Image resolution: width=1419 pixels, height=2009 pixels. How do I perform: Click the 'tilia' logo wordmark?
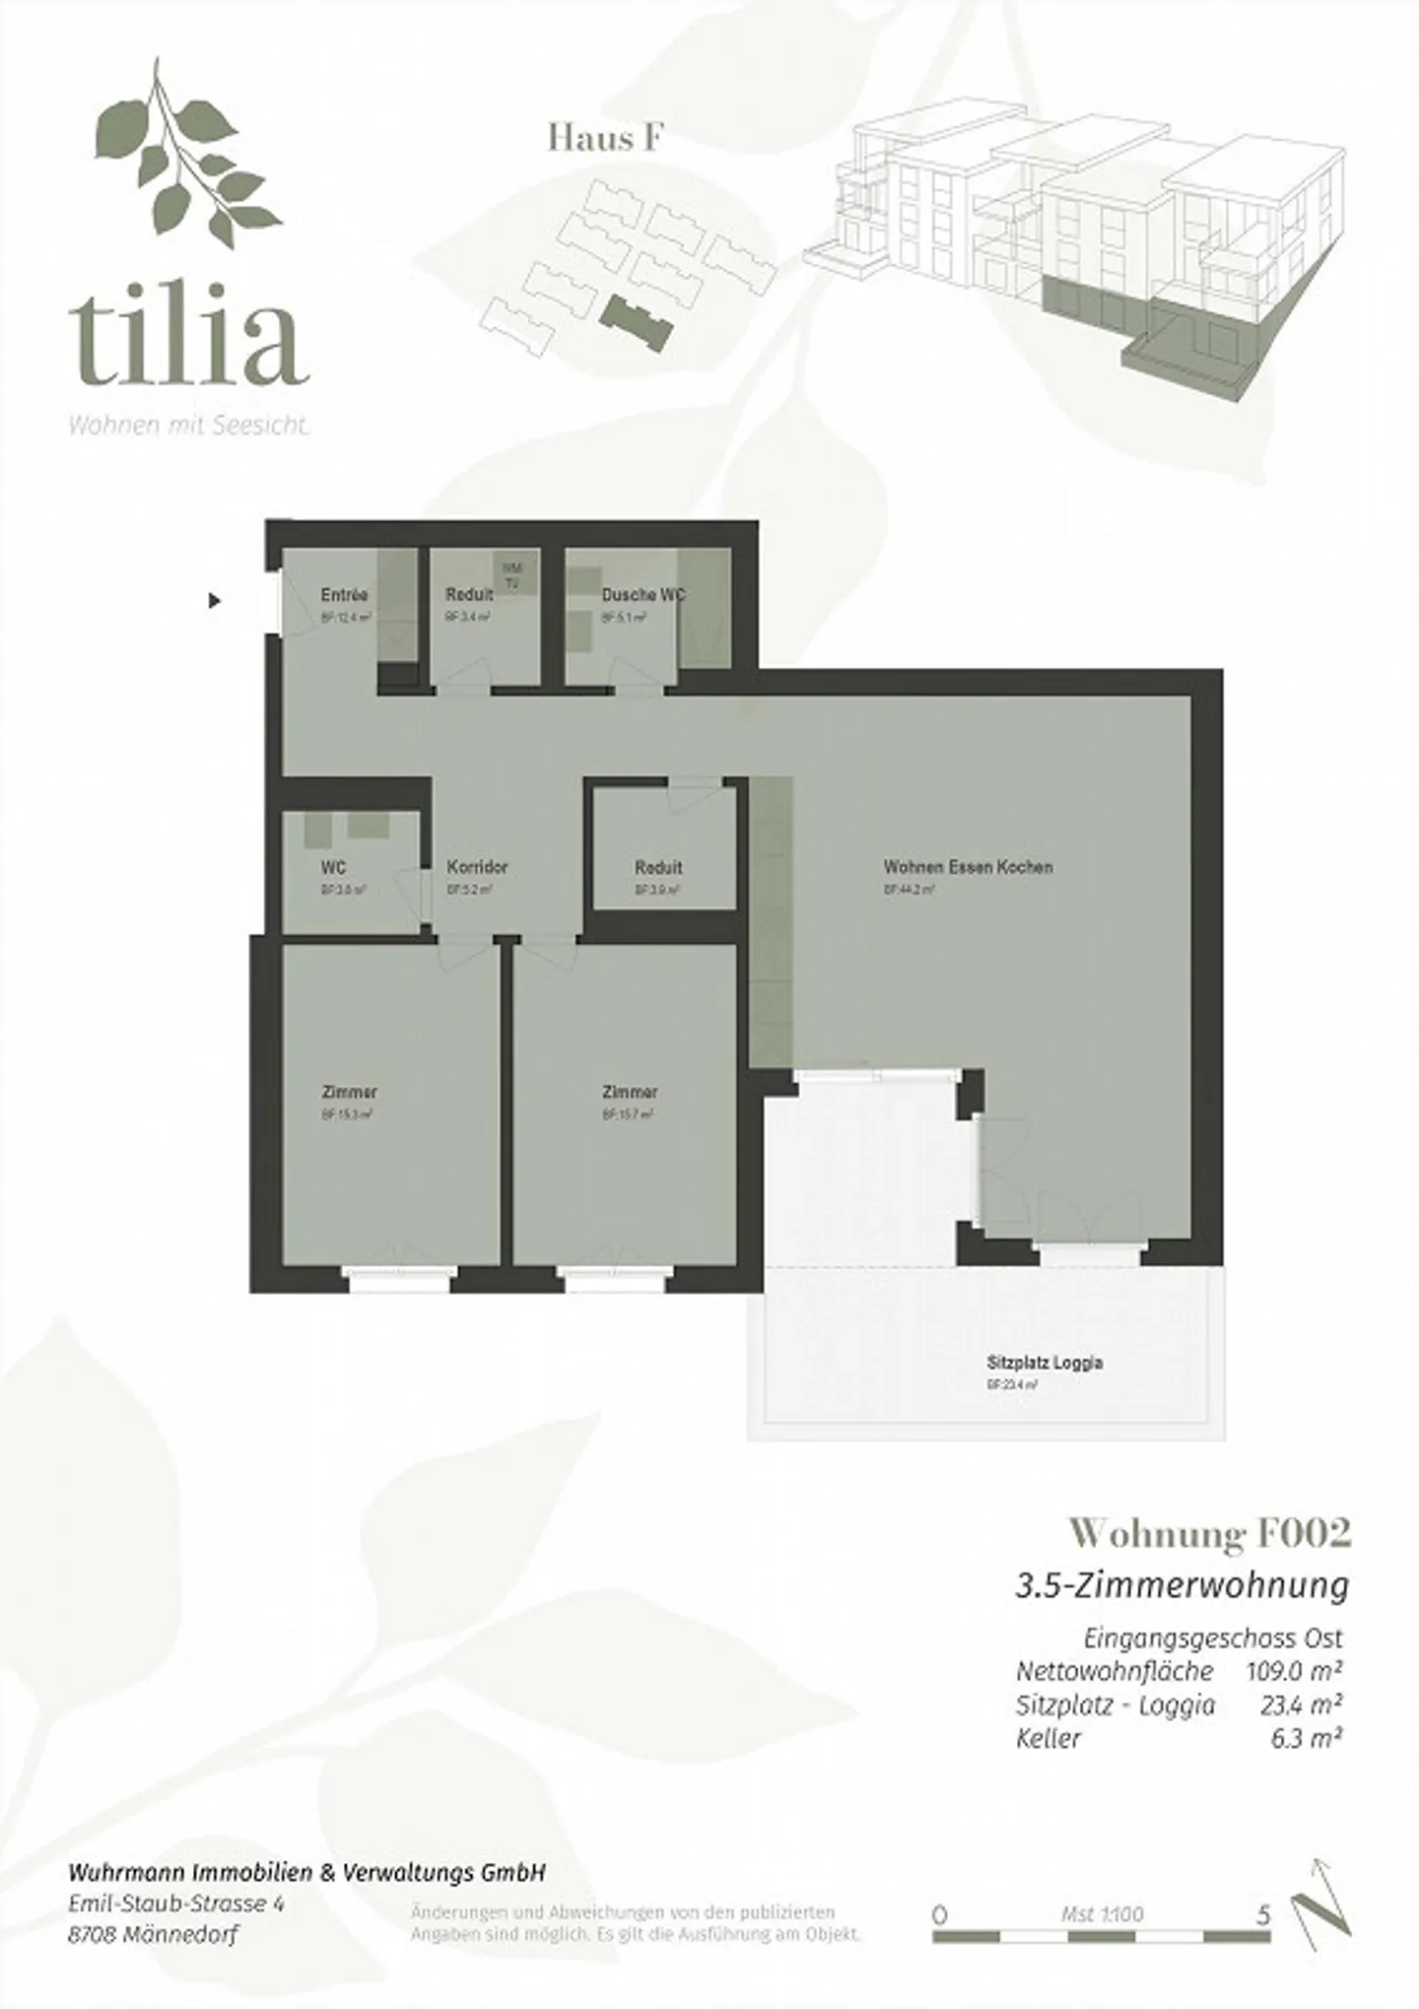[x=187, y=332]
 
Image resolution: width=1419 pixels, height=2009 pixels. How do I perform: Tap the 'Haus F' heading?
[x=604, y=139]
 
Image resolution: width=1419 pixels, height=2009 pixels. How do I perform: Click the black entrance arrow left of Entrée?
[x=215, y=599]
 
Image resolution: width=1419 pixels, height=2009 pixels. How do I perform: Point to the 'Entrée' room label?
[x=344, y=595]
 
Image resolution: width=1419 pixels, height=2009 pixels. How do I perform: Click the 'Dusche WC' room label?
[x=642, y=595]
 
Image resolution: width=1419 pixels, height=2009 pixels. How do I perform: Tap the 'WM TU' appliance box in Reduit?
[x=511, y=575]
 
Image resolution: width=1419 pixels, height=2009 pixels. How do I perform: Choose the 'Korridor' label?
[x=477, y=868]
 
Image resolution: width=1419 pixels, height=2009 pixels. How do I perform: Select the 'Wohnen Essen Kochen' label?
[x=968, y=868]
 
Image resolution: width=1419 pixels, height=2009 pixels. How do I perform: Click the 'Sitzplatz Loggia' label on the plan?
[x=1045, y=1364]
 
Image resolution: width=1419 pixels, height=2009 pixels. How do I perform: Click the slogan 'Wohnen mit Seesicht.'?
[x=188, y=427]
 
